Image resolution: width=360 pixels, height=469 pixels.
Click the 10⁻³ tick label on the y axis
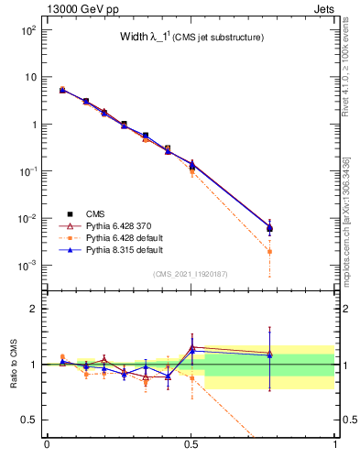27,266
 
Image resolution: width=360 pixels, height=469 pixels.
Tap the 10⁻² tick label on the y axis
27,219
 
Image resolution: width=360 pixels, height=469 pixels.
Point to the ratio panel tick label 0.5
31,420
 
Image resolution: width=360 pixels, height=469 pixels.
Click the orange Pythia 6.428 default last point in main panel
269,251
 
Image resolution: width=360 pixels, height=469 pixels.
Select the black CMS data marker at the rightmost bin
269,229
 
